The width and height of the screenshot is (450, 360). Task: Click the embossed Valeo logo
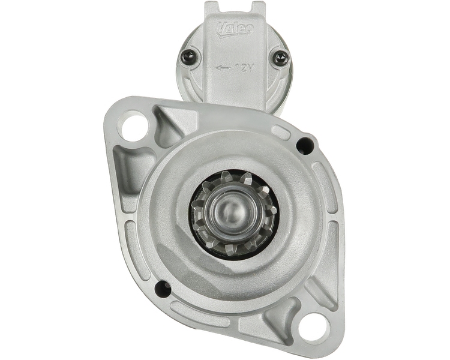[235, 29]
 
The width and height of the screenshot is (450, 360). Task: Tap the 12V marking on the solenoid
[244, 68]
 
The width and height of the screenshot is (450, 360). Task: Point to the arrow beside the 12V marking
[223, 68]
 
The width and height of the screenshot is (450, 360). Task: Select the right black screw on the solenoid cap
[280, 58]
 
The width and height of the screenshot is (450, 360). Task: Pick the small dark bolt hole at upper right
[305, 146]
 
